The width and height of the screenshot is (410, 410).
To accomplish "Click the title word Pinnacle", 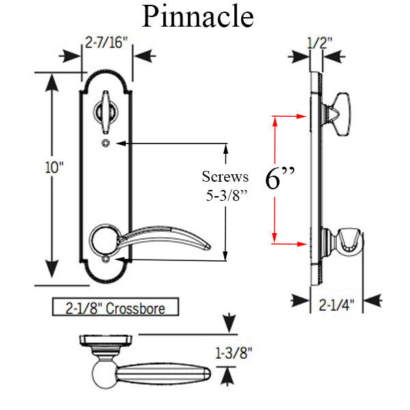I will pyautogui.click(x=197, y=16).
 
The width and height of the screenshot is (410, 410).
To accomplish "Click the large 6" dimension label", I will pyautogui.click(x=280, y=178).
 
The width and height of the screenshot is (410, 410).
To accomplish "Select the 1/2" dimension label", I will pyautogui.click(x=320, y=43).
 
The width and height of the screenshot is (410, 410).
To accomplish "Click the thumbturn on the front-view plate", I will pyautogui.click(x=107, y=111).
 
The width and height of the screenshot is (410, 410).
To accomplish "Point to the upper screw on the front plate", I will pyautogui.click(x=107, y=143).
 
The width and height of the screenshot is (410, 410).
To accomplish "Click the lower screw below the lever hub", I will pyautogui.click(x=107, y=260).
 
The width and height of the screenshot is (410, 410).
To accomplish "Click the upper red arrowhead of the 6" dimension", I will pyautogui.click(x=275, y=120).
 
